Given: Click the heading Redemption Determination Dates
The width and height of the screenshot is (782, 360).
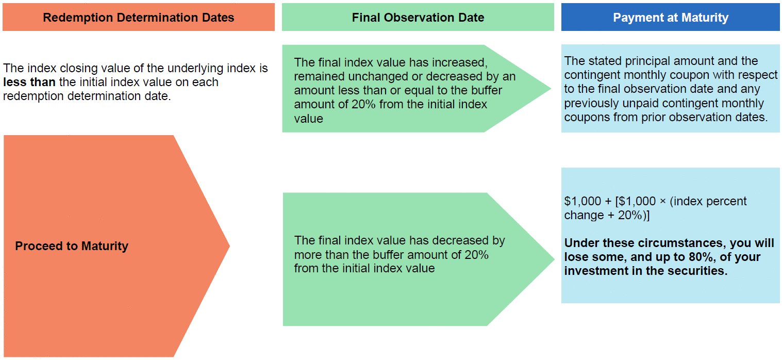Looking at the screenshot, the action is point(138,18).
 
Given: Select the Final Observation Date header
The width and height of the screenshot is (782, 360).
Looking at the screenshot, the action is point(418,18).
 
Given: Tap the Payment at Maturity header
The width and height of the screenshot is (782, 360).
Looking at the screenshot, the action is point(671,18).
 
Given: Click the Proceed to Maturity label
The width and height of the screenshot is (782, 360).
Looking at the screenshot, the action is point(72,246).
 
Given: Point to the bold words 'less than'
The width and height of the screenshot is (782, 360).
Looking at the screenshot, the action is point(29,82).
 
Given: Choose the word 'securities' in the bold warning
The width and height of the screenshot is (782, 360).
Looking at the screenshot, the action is point(696,271).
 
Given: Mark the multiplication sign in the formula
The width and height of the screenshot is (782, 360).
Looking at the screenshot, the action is point(662,202).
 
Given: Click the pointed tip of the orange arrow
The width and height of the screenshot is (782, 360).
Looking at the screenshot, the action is point(229,246).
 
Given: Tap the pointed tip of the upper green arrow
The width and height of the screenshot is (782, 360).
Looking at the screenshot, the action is point(551,88).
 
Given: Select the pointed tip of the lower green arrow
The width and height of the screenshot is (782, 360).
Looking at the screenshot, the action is point(554,259).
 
